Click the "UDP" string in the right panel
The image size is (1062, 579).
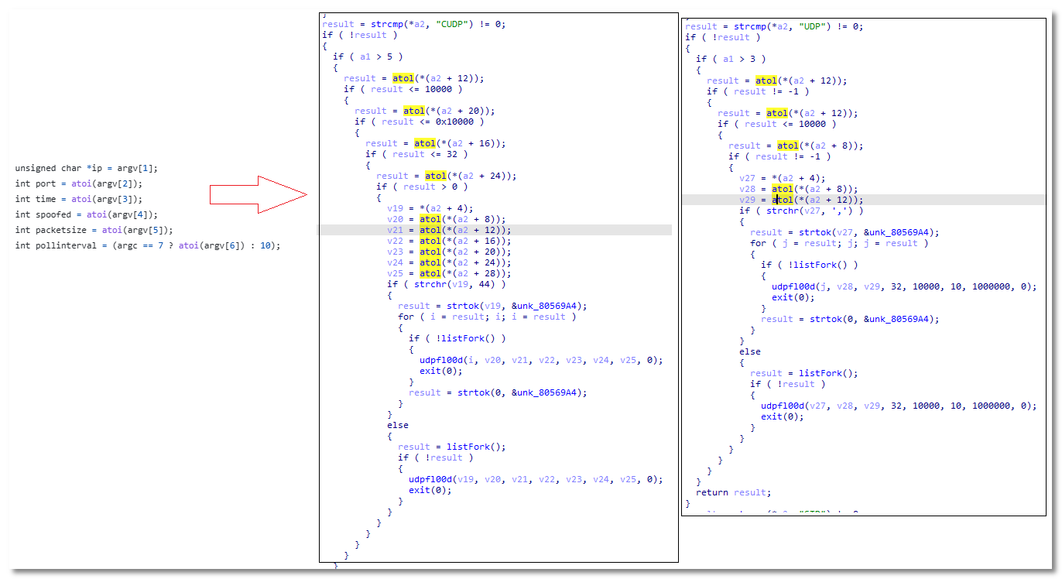point(814,26)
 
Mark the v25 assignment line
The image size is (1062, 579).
point(449,273)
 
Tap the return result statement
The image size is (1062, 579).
point(733,492)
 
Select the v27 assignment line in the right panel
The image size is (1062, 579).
point(782,178)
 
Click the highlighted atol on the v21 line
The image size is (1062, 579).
point(430,230)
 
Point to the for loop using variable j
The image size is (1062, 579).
point(839,243)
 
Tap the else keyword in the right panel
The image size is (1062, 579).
point(749,351)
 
